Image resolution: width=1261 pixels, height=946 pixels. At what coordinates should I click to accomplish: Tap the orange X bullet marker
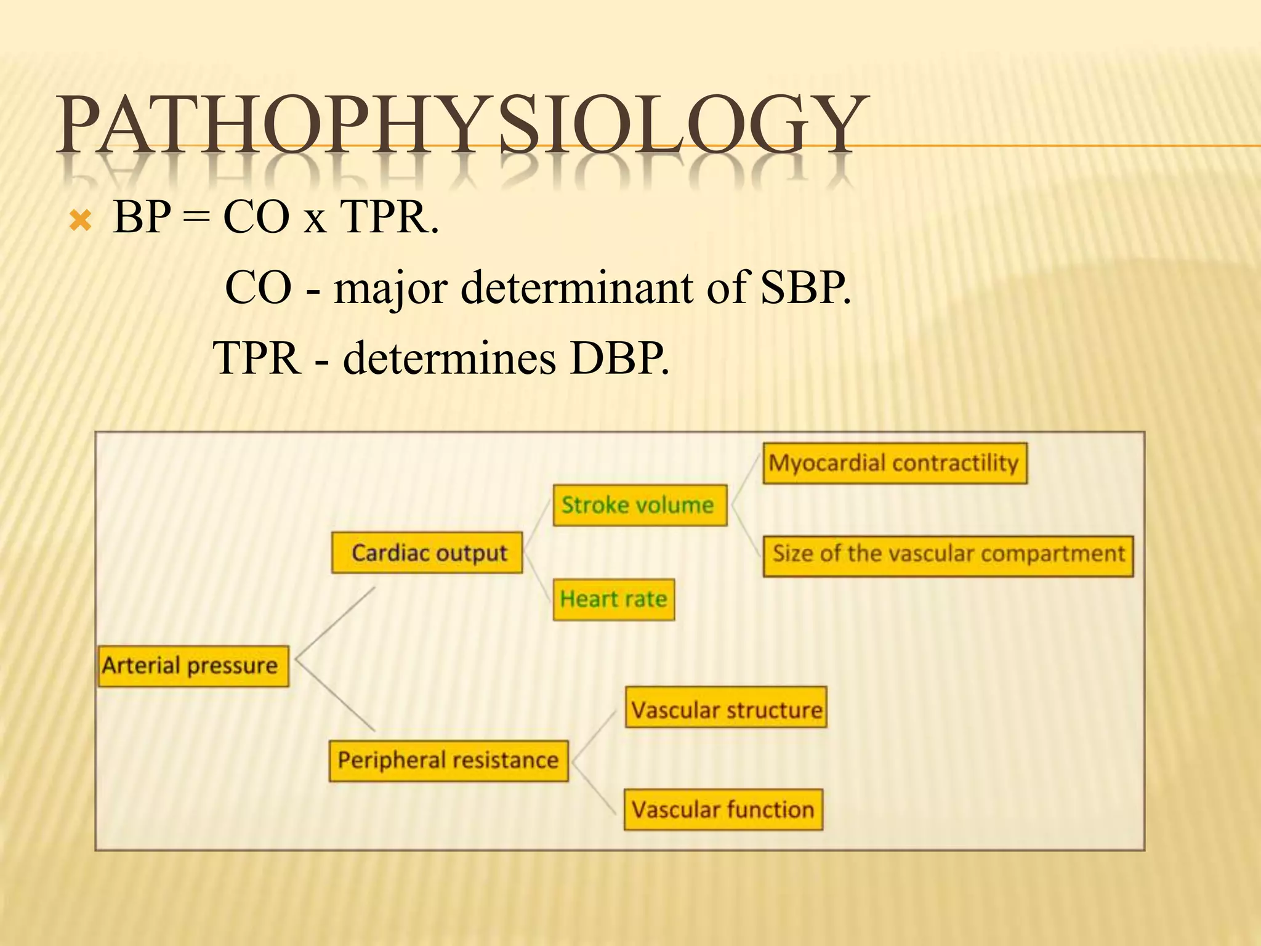pos(81,220)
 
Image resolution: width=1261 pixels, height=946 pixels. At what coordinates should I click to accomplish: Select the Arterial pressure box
pos(193,666)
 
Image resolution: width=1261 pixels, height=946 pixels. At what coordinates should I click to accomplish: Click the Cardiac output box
pos(427,553)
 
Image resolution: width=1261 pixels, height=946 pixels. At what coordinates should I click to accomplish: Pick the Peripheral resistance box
pos(448,761)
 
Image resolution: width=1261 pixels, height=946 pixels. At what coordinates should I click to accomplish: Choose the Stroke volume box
pos(639,505)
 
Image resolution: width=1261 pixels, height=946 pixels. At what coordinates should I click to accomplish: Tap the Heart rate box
pos(613,599)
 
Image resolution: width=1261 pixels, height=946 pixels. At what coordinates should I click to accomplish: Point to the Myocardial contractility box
pos(894,463)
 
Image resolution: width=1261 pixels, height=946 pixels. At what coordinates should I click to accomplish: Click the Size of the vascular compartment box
pos(948,554)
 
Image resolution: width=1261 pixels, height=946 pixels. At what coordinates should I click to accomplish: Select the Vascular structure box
pos(725,708)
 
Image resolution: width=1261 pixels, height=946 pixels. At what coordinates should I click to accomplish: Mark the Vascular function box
pos(723,809)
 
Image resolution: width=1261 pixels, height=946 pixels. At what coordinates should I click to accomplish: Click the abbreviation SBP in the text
pos(804,288)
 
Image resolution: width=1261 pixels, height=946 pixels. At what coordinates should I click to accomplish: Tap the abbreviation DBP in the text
pos(618,358)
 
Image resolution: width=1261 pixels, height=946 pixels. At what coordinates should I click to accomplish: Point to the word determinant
pos(576,288)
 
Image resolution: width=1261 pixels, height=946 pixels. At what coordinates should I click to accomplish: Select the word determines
pos(449,358)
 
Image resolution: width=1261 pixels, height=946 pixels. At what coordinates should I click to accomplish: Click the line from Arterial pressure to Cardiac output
pos(336,622)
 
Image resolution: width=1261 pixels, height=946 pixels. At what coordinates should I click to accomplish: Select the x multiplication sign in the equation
pos(315,220)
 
